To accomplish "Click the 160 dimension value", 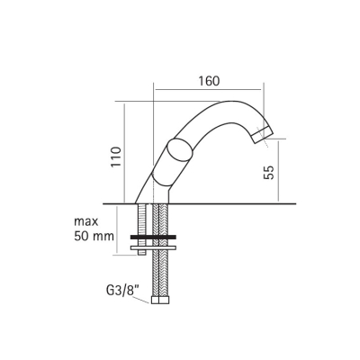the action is pos(209,81).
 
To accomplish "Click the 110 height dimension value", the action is pos(116,157).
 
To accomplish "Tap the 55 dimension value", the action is pos(269,172).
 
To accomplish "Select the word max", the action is pos(86,221).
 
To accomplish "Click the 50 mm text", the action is pos(94,237).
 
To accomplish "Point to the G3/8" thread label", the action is pos(120,291).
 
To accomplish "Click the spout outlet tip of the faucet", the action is pos(263,135).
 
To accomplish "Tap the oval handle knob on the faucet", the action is pos(179,150).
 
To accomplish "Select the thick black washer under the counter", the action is pos(153,237).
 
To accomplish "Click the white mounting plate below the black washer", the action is pos(153,247).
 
